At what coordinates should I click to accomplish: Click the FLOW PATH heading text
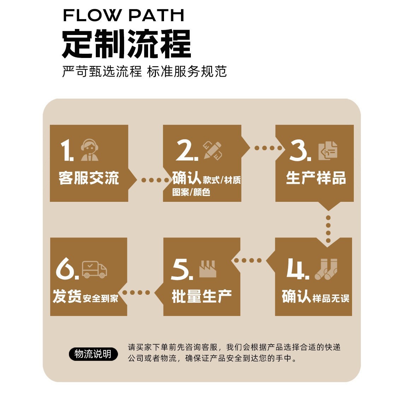pyautogui.click(x=123, y=15)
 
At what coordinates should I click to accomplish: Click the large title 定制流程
pyautogui.click(x=126, y=44)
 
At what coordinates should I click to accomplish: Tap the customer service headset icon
pyautogui.click(x=89, y=150)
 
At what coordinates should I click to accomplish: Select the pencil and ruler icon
pyautogui.click(x=213, y=151)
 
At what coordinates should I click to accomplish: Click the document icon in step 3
pyautogui.click(x=328, y=151)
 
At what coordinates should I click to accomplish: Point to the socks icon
pyautogui.click(x=326, y=269)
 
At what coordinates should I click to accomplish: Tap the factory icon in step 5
pyautogui.click(x=207, y=269)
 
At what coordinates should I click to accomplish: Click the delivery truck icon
pyautogui.click(x=94, y=269)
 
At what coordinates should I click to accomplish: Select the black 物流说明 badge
pyautogui.click(x=93, y=353)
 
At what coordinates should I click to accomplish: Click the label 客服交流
pyautogui.click(x=89, y=178)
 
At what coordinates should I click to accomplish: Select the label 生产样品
pyautogui.click(x=316, y=178)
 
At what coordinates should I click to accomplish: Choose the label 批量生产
pyautogui.click(x=201, y=296)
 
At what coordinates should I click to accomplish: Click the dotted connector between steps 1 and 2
pyautogui.click(x=156, y=180)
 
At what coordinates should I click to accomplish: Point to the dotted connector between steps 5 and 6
pyautogui.click(x=136, y=292)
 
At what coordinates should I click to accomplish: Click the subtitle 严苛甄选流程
pyautogui.click(x=102, y=71)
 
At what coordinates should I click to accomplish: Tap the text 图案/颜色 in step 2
pyautogui.click(x=191, y=192)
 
